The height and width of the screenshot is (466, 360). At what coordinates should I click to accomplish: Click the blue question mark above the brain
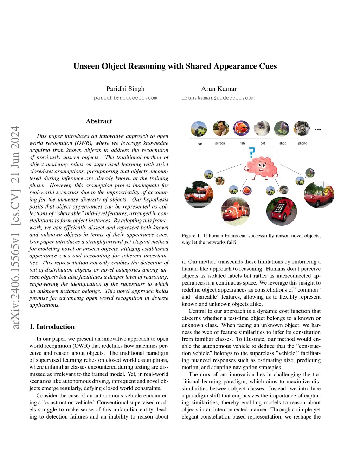(x=252, y=152)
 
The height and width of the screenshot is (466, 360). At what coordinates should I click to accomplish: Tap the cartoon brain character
(x=262, y=167)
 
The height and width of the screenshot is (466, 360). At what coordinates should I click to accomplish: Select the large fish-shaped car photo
(x=235, y=211)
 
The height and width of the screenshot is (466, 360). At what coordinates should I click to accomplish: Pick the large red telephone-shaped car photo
(x=282, y=211)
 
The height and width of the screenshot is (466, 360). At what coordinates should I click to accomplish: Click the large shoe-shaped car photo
(x=319, y=195)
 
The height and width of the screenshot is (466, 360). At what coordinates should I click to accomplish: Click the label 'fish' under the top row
(x=242, y=143)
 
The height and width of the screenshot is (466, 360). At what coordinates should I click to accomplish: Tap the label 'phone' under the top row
(x=302, y=143)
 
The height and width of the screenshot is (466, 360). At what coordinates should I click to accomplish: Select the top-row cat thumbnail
(x=262, y=128)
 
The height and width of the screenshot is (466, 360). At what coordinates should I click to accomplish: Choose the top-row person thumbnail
(x=221, y=128)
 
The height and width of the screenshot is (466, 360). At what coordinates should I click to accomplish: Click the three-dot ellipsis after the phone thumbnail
(x=317, y=129)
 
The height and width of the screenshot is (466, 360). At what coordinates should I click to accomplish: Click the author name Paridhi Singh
(x=126, y=89)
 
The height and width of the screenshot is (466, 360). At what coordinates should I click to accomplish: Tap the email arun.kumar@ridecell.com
(x=218, y=98)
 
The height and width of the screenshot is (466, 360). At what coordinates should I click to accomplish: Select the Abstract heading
(x=99, y=121)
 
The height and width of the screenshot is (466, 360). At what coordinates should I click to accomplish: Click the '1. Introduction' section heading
(x=52, y=327)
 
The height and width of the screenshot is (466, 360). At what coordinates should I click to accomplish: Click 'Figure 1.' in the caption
(x=191, y=236)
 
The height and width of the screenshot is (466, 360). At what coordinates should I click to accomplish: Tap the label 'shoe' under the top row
(x=283, y=143)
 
